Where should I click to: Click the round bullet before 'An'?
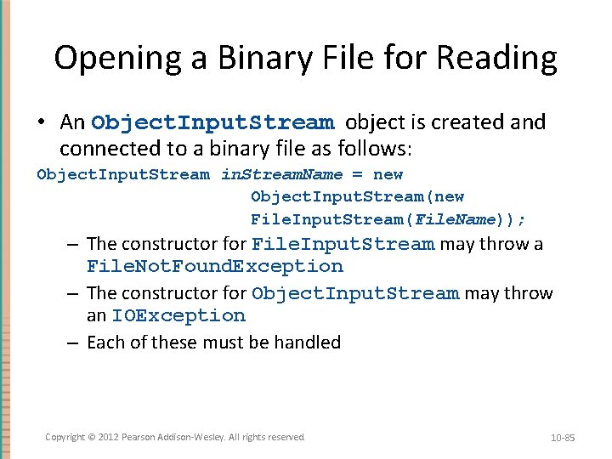(x=42, y=122)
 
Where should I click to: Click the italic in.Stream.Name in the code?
(x=282, y=175)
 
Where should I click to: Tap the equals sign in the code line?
(x=357, y=175)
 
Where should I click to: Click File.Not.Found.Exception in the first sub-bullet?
(x=215, y=267)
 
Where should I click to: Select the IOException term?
(x=178, y=316)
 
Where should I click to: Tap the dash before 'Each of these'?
(x=75, y=343)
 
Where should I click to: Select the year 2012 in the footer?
(x=109, y=437)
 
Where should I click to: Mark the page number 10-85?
(x=563, y=438)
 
